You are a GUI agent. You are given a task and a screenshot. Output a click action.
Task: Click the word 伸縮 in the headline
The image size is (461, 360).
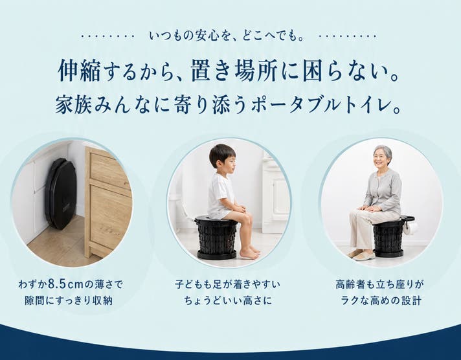80,71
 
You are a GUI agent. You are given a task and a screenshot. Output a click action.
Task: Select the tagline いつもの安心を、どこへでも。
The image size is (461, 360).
227,36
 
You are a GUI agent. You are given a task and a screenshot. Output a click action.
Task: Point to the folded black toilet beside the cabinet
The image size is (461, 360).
61,194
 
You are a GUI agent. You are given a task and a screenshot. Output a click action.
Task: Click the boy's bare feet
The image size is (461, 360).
250,253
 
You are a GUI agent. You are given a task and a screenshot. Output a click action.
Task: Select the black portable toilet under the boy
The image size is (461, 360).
217,238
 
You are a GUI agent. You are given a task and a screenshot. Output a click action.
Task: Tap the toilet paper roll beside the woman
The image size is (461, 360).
411,228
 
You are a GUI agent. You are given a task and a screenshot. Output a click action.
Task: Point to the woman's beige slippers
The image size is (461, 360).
362,254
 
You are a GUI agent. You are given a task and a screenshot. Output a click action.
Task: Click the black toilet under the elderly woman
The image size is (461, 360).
389,237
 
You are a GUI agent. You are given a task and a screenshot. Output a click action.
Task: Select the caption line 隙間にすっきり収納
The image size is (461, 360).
69,300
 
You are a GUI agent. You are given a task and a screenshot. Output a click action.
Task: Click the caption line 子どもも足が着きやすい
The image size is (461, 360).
227,284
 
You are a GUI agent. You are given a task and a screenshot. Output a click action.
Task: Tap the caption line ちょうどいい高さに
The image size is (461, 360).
228,300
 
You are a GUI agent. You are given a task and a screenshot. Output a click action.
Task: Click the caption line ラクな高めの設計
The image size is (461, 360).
381,300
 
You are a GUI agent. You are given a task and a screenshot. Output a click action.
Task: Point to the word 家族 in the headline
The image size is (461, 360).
74,106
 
